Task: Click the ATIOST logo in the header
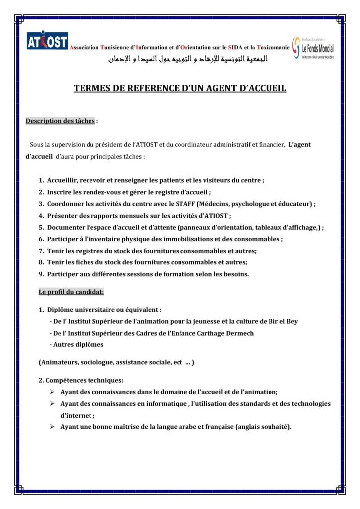pyautogui.click(x=47, y=42)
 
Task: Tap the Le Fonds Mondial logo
pyautogui.click(x=313, y=48)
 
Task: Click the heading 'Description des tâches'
pyautogui.click(x=60, y=121)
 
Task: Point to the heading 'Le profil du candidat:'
pyautogui.click(x=71, y=292)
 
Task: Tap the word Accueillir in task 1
pyautogui.click(x=63, y=180)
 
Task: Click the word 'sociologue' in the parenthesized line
pyautogui.click(x=93, y=362)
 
